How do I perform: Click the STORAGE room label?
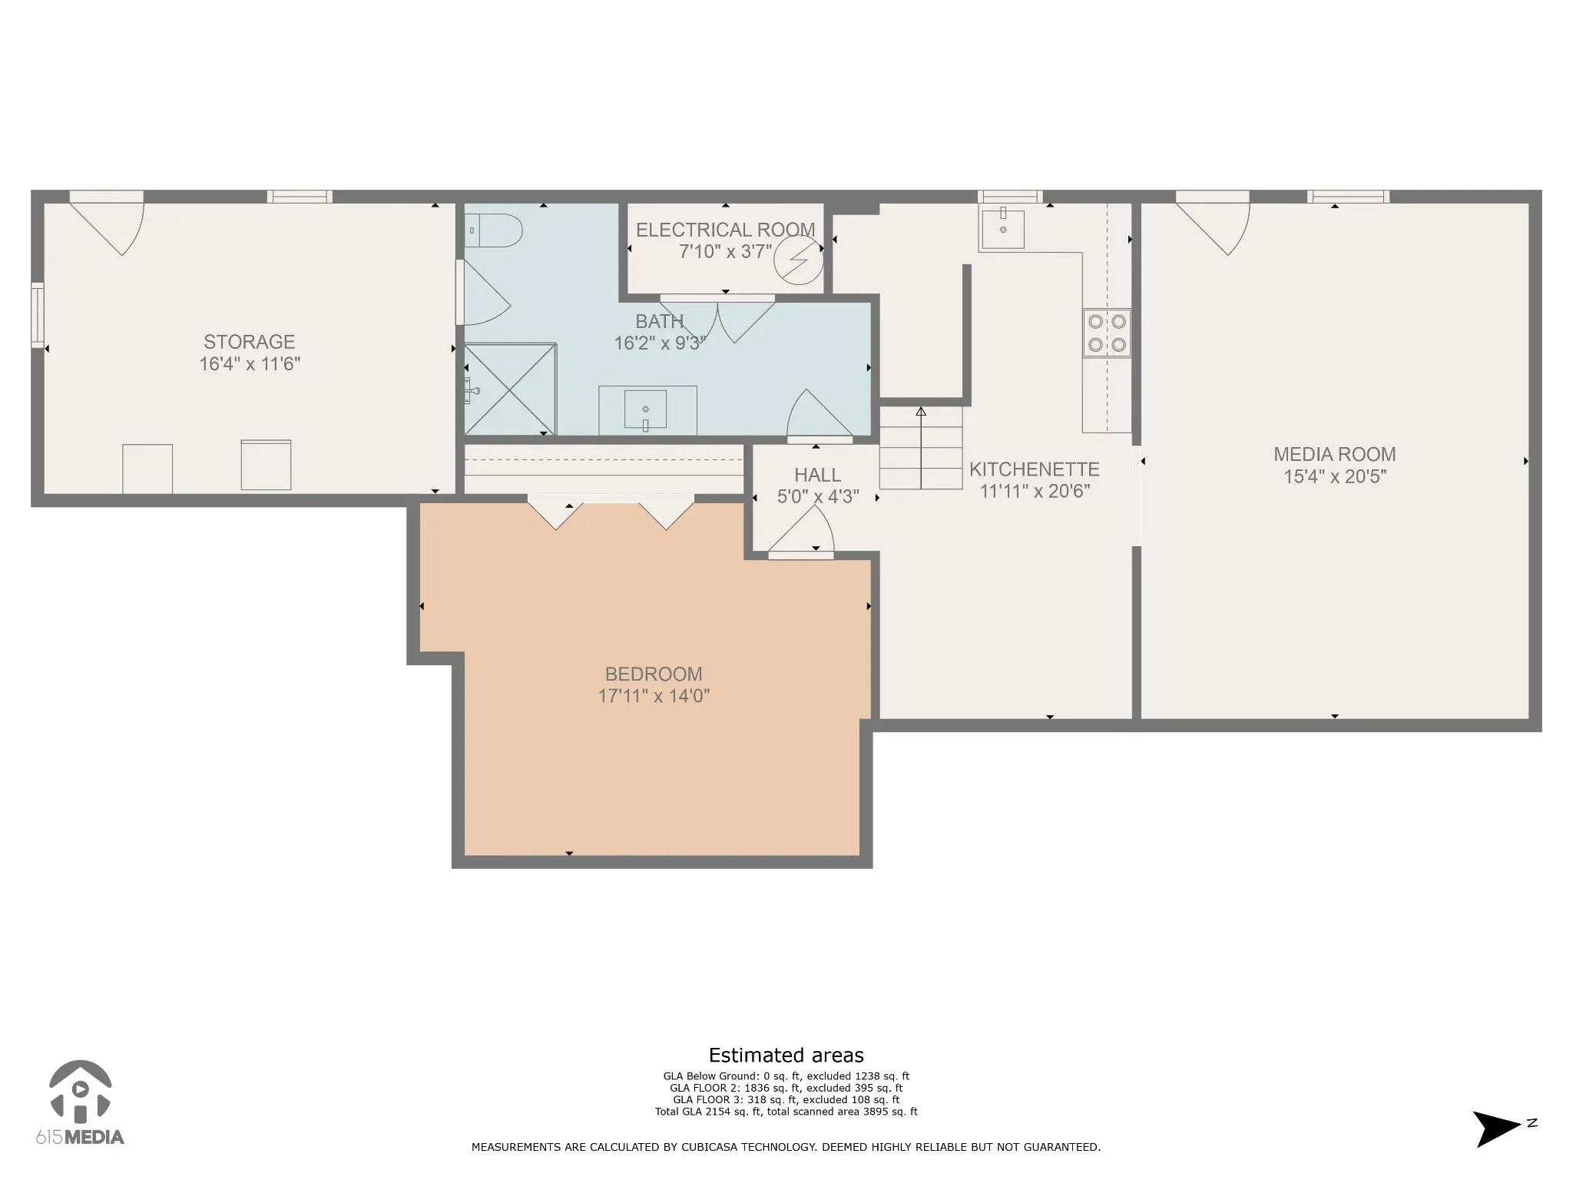[250, 342]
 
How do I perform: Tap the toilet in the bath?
[493, 230]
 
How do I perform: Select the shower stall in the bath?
[509, 389]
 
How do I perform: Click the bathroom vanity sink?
[645, 409]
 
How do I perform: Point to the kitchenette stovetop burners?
[1107, 333]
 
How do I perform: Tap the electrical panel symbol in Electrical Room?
[798, 260]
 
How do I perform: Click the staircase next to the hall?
[921, 448]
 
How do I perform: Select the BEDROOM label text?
[654, 674]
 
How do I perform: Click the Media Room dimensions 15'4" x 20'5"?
[1335, 476]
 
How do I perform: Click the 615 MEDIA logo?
[80, 1103]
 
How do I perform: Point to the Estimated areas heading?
[786, 1055]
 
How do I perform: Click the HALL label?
[818, 475]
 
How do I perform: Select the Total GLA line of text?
[786, 1112]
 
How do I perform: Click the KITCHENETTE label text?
[1035, 469]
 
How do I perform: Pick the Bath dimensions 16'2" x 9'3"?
[660, 343]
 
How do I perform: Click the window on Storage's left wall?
[38, 315]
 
